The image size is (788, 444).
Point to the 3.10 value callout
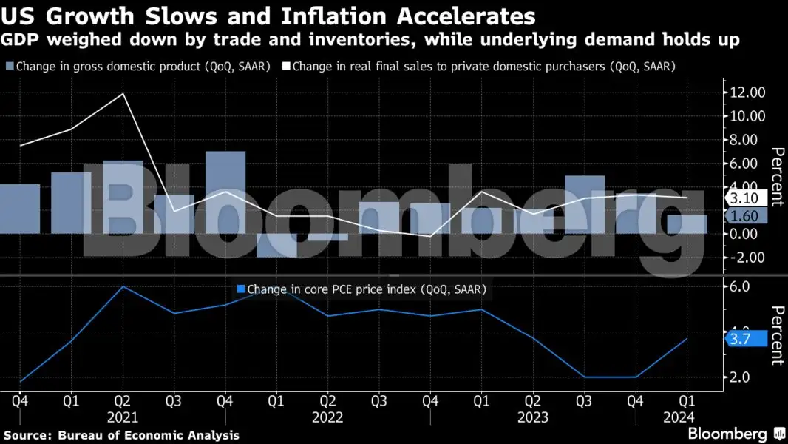click(x=745, y=198)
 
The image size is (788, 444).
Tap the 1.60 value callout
click(x=745, y=216)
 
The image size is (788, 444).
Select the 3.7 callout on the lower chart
click(x=741, y=339)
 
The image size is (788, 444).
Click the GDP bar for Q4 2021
click(x=225, y=192)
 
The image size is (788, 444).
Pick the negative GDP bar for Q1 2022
click(x=277, y=245)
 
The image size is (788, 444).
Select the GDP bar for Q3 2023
click(x=585, y=204)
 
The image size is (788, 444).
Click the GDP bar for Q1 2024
click(x=687, y=224)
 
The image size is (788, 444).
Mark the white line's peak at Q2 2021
click(x=123, y=94)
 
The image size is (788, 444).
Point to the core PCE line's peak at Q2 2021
click(x=123, y=286)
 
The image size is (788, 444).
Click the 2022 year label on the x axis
click(x=327, y=417)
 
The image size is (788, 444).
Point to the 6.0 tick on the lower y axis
click(x=740, y=286)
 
